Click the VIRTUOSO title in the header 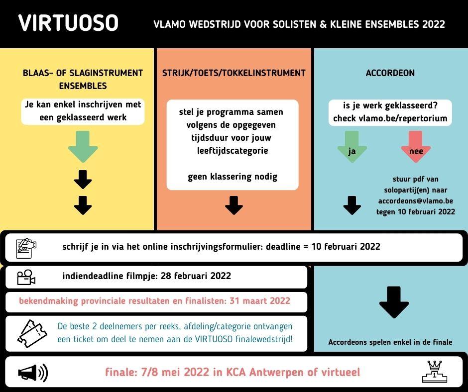tap(68, 23)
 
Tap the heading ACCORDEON tap(390, 73)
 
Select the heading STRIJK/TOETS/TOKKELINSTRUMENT tap(234, 73)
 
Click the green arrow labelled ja tap(352, 146)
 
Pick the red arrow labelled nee tap(415, 146)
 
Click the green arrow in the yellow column tap(83, 146)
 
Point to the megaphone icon tap(33, 373)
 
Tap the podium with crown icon tap(435, 372)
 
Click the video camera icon tap(26, 277)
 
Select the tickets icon tap(32, 333)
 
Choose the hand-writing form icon tap(26, 248)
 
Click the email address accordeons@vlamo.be tap(415, 201)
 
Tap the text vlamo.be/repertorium tap(403, 118)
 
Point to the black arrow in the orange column tap(234, 205)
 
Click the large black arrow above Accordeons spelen tap(394, 302)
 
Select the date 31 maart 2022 tap(260, 300)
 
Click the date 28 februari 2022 tap(196, 276)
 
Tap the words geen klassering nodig tap(233, 177)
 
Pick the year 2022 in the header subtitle tap(433, 24)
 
